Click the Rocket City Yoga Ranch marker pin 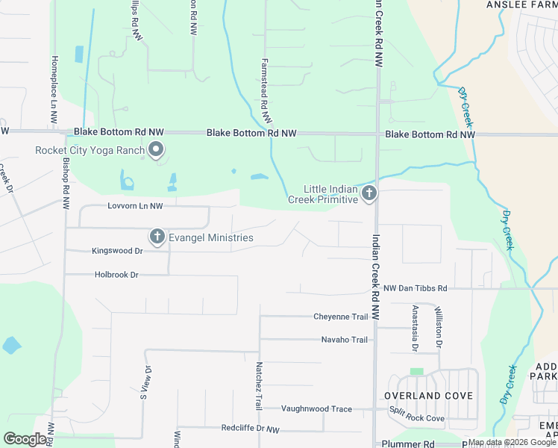156,152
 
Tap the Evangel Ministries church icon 157,237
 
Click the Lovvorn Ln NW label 135,205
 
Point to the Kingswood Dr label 117,252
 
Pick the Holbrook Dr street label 117,275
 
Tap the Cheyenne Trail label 341,317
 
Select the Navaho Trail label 345,340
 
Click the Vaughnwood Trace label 317,408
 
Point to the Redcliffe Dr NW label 250,430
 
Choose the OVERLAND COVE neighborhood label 428,395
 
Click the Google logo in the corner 25,439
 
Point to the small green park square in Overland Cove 416,371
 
